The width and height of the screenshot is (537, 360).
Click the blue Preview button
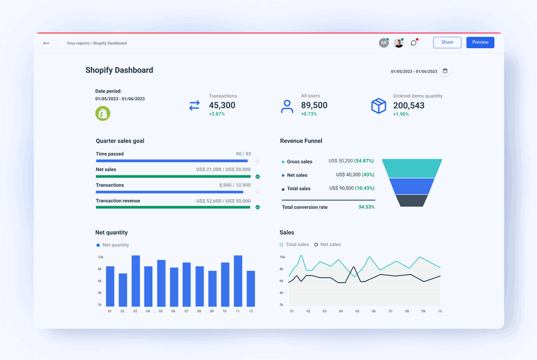click(480, 42)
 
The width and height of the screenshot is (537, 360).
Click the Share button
click(447, 42)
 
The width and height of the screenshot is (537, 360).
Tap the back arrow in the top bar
click(47, 43)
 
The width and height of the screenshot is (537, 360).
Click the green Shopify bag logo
click(103, 113)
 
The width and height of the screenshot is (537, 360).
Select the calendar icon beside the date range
click(445, 71)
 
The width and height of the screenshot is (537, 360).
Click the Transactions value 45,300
click(222, 106)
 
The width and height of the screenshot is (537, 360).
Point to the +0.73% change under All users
click(309, 114)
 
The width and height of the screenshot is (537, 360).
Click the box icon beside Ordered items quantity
click(378, 106)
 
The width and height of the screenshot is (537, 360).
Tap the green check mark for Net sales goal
click(258, 176)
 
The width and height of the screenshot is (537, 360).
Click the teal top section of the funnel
click(412, 168)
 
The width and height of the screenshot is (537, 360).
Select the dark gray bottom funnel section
click(412, 201)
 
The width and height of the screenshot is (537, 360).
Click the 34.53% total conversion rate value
click(366, 207)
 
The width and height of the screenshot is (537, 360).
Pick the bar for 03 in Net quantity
click(135, 280)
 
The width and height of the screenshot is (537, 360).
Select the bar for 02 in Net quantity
click(123, 290)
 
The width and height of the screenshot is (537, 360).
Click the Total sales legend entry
click(295, 245)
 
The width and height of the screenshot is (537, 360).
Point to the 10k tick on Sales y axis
click(281, 257)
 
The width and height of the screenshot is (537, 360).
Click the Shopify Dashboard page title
click(119, 70)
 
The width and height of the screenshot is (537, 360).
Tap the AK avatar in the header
click(383, 43)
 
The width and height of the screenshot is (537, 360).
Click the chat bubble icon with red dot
click(414, 43)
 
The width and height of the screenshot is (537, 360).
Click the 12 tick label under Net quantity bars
click(251, 311)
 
